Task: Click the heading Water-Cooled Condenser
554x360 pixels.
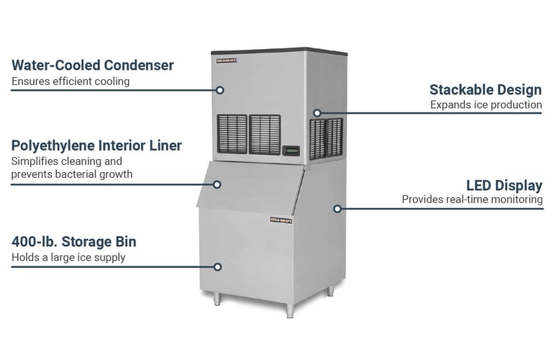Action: pos(92,66)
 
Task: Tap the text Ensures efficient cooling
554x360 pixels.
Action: pos(71,81)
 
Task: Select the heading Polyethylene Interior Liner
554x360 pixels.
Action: pos(96,145)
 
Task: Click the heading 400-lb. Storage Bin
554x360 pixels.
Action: pos(73,241)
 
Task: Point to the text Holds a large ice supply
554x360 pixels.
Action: pos(68,257)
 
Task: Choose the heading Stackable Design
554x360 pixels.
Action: pos(486,90)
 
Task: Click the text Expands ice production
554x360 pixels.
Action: pos(486,105)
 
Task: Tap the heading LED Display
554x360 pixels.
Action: pos(504,186)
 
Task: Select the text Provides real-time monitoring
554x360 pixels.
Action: pos(472,199)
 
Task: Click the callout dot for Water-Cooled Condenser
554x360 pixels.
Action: pos(222,90)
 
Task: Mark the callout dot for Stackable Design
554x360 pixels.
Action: pos(317,113)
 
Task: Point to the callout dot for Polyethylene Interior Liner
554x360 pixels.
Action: pos(217,184)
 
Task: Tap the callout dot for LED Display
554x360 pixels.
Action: pos(337,209)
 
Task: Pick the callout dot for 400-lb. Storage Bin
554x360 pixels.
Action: pos(218,266)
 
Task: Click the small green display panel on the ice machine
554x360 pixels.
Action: pos(291,150)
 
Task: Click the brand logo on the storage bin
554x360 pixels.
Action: pos(280,220)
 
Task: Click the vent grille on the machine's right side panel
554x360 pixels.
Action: pos(326,138)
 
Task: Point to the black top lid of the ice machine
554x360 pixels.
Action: pos(277,51)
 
